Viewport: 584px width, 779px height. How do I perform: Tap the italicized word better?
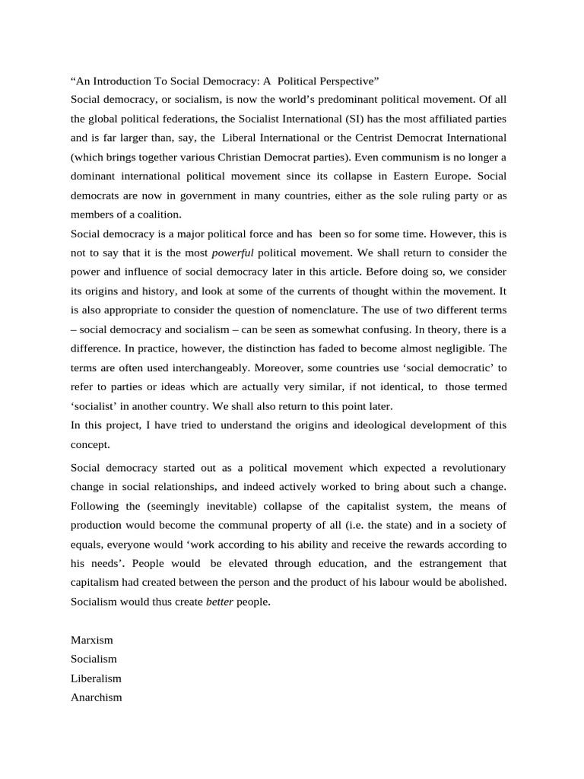click(221, 602)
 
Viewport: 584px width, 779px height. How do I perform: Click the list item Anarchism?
click(96, 697)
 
